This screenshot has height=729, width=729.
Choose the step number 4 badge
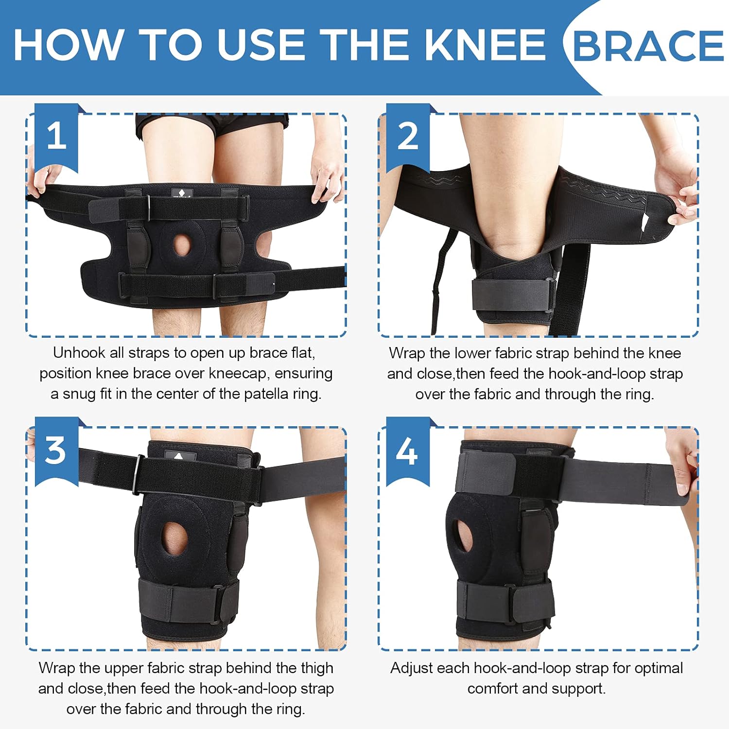(407, 451)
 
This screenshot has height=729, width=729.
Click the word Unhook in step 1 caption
(76, 352)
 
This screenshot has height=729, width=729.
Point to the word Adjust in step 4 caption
(411, 668)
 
